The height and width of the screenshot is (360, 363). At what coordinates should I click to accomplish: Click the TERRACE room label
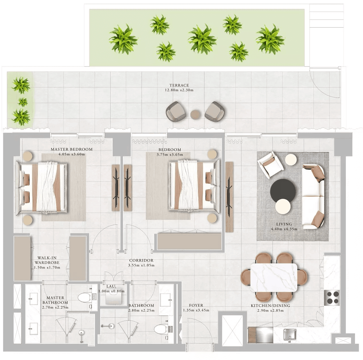179,85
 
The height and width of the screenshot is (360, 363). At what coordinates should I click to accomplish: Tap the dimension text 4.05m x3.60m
71,154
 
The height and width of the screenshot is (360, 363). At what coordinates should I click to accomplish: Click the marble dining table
274,278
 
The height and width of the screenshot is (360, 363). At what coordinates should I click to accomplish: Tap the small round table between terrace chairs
195,114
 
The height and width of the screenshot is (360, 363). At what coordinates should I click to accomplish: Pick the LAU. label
111,286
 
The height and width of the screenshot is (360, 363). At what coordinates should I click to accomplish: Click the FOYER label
196,305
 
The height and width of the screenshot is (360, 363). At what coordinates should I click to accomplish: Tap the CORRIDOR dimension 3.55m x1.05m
141,265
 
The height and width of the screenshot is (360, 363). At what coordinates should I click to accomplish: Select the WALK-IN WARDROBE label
47,260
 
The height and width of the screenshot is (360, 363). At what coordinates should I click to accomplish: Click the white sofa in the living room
313,196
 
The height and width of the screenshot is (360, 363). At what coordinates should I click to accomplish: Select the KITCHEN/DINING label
270,306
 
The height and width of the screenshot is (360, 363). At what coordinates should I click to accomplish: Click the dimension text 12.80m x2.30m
179,90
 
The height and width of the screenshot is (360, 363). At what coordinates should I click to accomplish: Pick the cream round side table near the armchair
291,160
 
